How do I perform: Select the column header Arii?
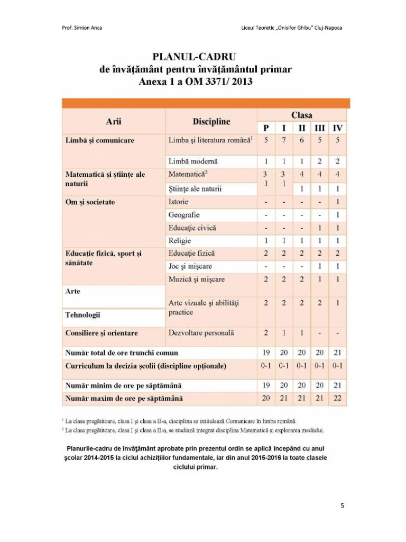(114, 122)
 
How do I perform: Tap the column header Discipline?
(211, 122)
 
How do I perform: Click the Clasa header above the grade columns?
(301, 115)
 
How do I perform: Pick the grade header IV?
(337, 128)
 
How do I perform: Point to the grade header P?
(266, 128)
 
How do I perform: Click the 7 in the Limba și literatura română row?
(284, 141)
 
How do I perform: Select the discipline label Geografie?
(184, 215)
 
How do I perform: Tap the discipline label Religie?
(180, 241)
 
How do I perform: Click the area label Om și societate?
(90, 202)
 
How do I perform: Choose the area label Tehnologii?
(83, 315)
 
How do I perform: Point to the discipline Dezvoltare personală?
(201, 333)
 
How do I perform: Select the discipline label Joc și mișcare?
(190, 266)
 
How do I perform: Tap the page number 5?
(342, 505)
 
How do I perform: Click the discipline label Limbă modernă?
(192, 161)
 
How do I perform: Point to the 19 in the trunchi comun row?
(266, 353)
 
